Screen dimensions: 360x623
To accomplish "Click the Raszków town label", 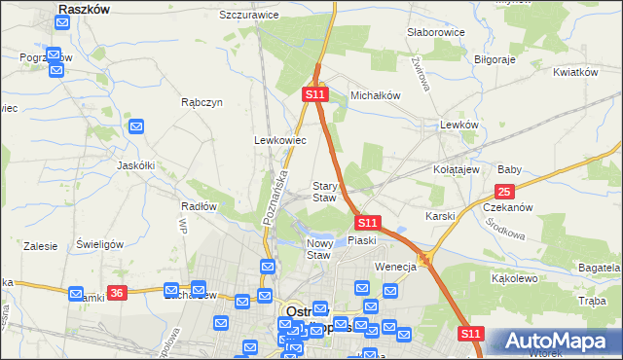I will click(84, 8).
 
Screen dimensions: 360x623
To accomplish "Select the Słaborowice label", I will click(435, 32).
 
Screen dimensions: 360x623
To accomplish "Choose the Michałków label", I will click(376, 95).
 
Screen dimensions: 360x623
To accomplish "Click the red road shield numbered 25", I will click(504, 192).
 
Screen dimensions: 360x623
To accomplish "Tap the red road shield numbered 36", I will click(118, 292).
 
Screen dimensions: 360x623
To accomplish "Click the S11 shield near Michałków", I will click(313, 94).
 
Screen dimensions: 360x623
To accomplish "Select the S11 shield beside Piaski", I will click(366, 222).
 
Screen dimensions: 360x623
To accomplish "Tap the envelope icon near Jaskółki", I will click(136, 126).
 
